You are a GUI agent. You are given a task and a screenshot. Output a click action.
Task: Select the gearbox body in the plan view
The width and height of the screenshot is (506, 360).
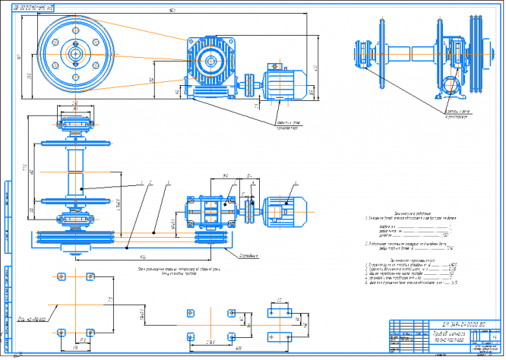[213, 208]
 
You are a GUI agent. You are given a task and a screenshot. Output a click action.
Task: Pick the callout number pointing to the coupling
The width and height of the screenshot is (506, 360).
[251, 183]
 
